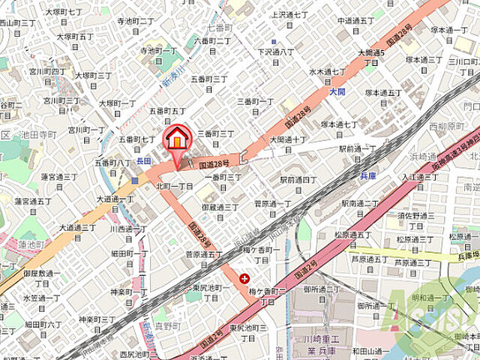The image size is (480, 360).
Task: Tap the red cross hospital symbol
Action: pos(244,278)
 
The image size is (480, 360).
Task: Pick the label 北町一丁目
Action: pos(175,184)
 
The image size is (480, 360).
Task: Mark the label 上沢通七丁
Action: pos(289,14)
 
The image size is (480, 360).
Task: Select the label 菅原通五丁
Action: pos(203,255)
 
